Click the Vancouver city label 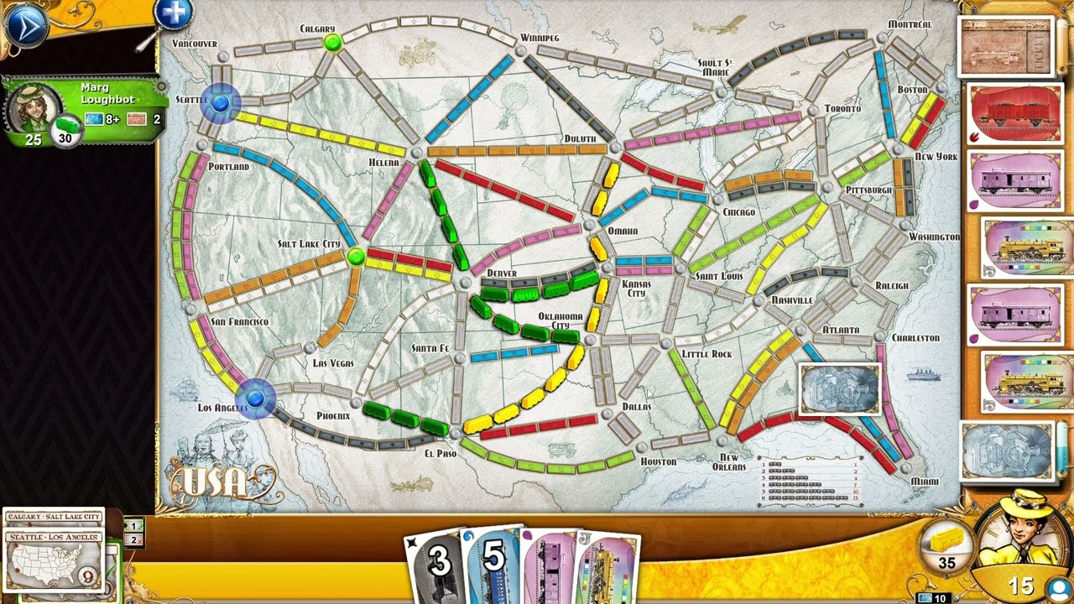click(194, 44)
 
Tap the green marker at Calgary click(333, 42)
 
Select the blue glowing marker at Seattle click(221, 103)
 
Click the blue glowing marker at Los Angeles click(256, 398)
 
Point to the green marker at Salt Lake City click(356, 256)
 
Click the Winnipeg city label click(539, 38)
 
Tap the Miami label click(925, 482)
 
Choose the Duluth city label click(579, 138)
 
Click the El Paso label click(441, 454)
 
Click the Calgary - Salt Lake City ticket click(54, 517)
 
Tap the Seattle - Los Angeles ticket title click(54, 537)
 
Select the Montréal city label click(910, 24)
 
